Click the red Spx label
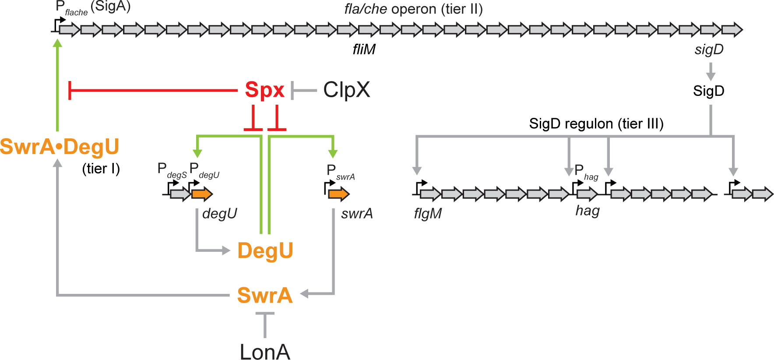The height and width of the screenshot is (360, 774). coord(264,90)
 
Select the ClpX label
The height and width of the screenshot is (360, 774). coord(346,90)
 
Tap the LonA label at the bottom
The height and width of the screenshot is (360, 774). coord(265,351)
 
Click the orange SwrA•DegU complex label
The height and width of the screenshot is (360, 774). coord(60,147)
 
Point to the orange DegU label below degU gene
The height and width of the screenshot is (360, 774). coord(265,251)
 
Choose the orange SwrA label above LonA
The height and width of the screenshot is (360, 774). coord(264,295)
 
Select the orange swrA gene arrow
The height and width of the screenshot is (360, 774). coord(339,194)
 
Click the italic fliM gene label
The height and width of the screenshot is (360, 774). coord(364,49)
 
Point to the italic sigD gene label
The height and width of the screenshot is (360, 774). coord(709,49)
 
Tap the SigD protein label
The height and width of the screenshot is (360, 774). coord(708,91)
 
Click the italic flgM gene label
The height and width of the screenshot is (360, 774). coord(428,214)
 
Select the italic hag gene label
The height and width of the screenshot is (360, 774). coord(587,211)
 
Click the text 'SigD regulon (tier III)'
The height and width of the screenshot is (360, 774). coord(596,124)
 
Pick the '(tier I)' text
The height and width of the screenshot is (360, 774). coord(101,169)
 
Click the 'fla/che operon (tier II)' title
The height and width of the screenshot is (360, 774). coord(413,9)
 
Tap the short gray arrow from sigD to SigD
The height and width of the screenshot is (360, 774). coord(711,71)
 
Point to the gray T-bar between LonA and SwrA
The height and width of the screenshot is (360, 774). coord(265,324)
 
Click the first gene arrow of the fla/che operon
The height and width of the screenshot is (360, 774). coord(70,30)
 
